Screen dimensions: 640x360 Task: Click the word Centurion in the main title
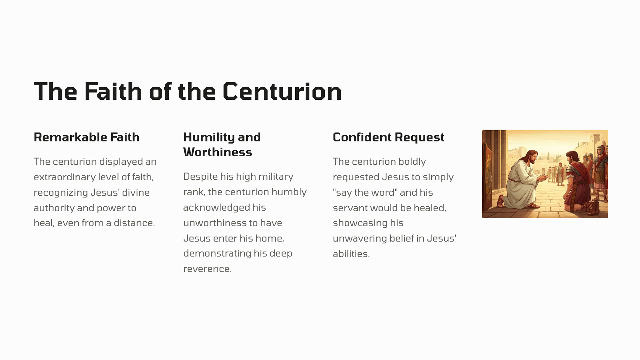coord(282,91)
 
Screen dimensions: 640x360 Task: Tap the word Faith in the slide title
coord(113,91)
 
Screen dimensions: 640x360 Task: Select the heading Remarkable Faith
coord(87,137)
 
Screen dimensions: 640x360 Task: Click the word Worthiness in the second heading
coord(217,152)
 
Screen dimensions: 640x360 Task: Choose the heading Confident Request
coord(388,137)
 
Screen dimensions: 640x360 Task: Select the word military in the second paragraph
coord(276,177)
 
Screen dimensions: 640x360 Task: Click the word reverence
coord(207,269)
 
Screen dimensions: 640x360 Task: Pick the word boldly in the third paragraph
coord(412,162)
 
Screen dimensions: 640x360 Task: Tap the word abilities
coord(351,254)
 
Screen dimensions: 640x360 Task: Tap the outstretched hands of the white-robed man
coord(543,178)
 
